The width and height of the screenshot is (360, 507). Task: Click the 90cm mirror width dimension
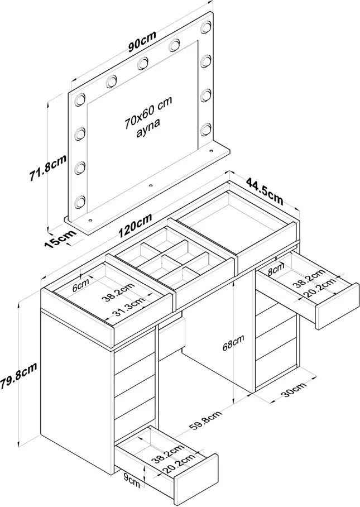pyautogui.click(x=142, y=41)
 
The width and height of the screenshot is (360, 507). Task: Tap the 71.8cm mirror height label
pyautogui.click(x=48, y=168)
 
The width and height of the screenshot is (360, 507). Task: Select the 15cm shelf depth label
pyautogui.click(x=60, y=238)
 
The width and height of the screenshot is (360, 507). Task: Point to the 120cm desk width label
pyautogui.click(x=135, y=226)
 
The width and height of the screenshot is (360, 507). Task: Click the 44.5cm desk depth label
pyautogui.click(x=265, y=191)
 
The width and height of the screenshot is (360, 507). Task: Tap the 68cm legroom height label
pyautogui.click(x=233, y=342)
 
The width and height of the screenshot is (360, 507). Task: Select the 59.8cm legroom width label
pyautogui.click(x=205, y=421)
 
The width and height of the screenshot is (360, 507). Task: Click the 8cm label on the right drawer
pyautogui.click(x=277, y=268)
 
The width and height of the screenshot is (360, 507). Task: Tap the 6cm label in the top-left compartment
pyautogui.click(x=80, y=285)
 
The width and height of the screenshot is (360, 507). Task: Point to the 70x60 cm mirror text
pyautogui.click(x=148, y=112)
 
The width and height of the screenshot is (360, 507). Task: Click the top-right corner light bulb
pyautogui.click(x=206, y=27)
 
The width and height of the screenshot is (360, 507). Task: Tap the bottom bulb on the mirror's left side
pyautogui.click(x=79, y=202)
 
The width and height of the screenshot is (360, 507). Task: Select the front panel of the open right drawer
pyautogui.click(x=337, y=307)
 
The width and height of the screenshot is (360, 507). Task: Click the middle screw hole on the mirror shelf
pyautogui.click(x=150, y=185)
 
